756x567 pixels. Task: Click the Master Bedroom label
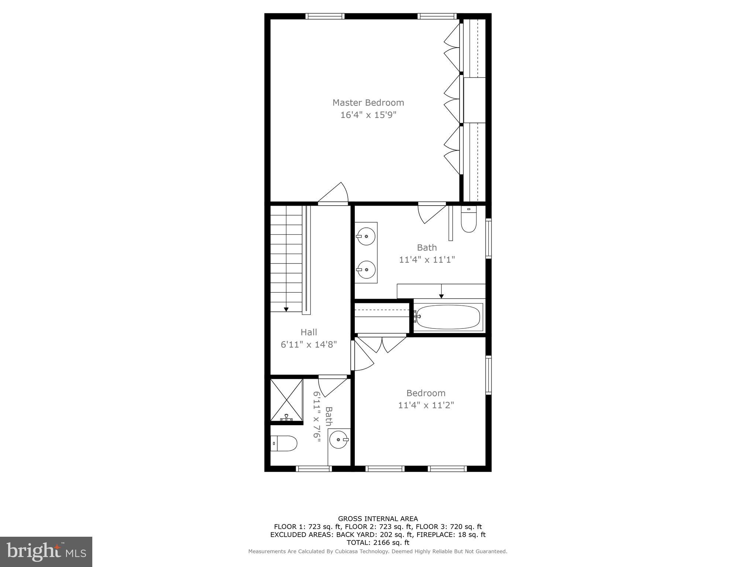(368, 103)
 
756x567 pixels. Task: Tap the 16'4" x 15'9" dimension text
(368, 115)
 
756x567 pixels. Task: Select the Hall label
(309, 332)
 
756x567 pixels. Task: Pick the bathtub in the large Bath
(448, 317)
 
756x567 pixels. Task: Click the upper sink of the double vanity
(366, 236)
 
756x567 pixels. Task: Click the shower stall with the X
(286, 400)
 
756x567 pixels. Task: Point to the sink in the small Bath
(339, 440)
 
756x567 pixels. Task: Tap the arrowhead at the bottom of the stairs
(286, 309)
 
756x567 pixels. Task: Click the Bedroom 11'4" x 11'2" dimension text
(426, 405)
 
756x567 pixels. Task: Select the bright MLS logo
(46, 551)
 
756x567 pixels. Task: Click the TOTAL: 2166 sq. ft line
(378, 543)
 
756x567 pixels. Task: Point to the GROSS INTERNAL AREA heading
(378, 519)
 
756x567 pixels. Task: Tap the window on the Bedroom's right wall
(488, 375)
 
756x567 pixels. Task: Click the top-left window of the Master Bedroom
(325, 16)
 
